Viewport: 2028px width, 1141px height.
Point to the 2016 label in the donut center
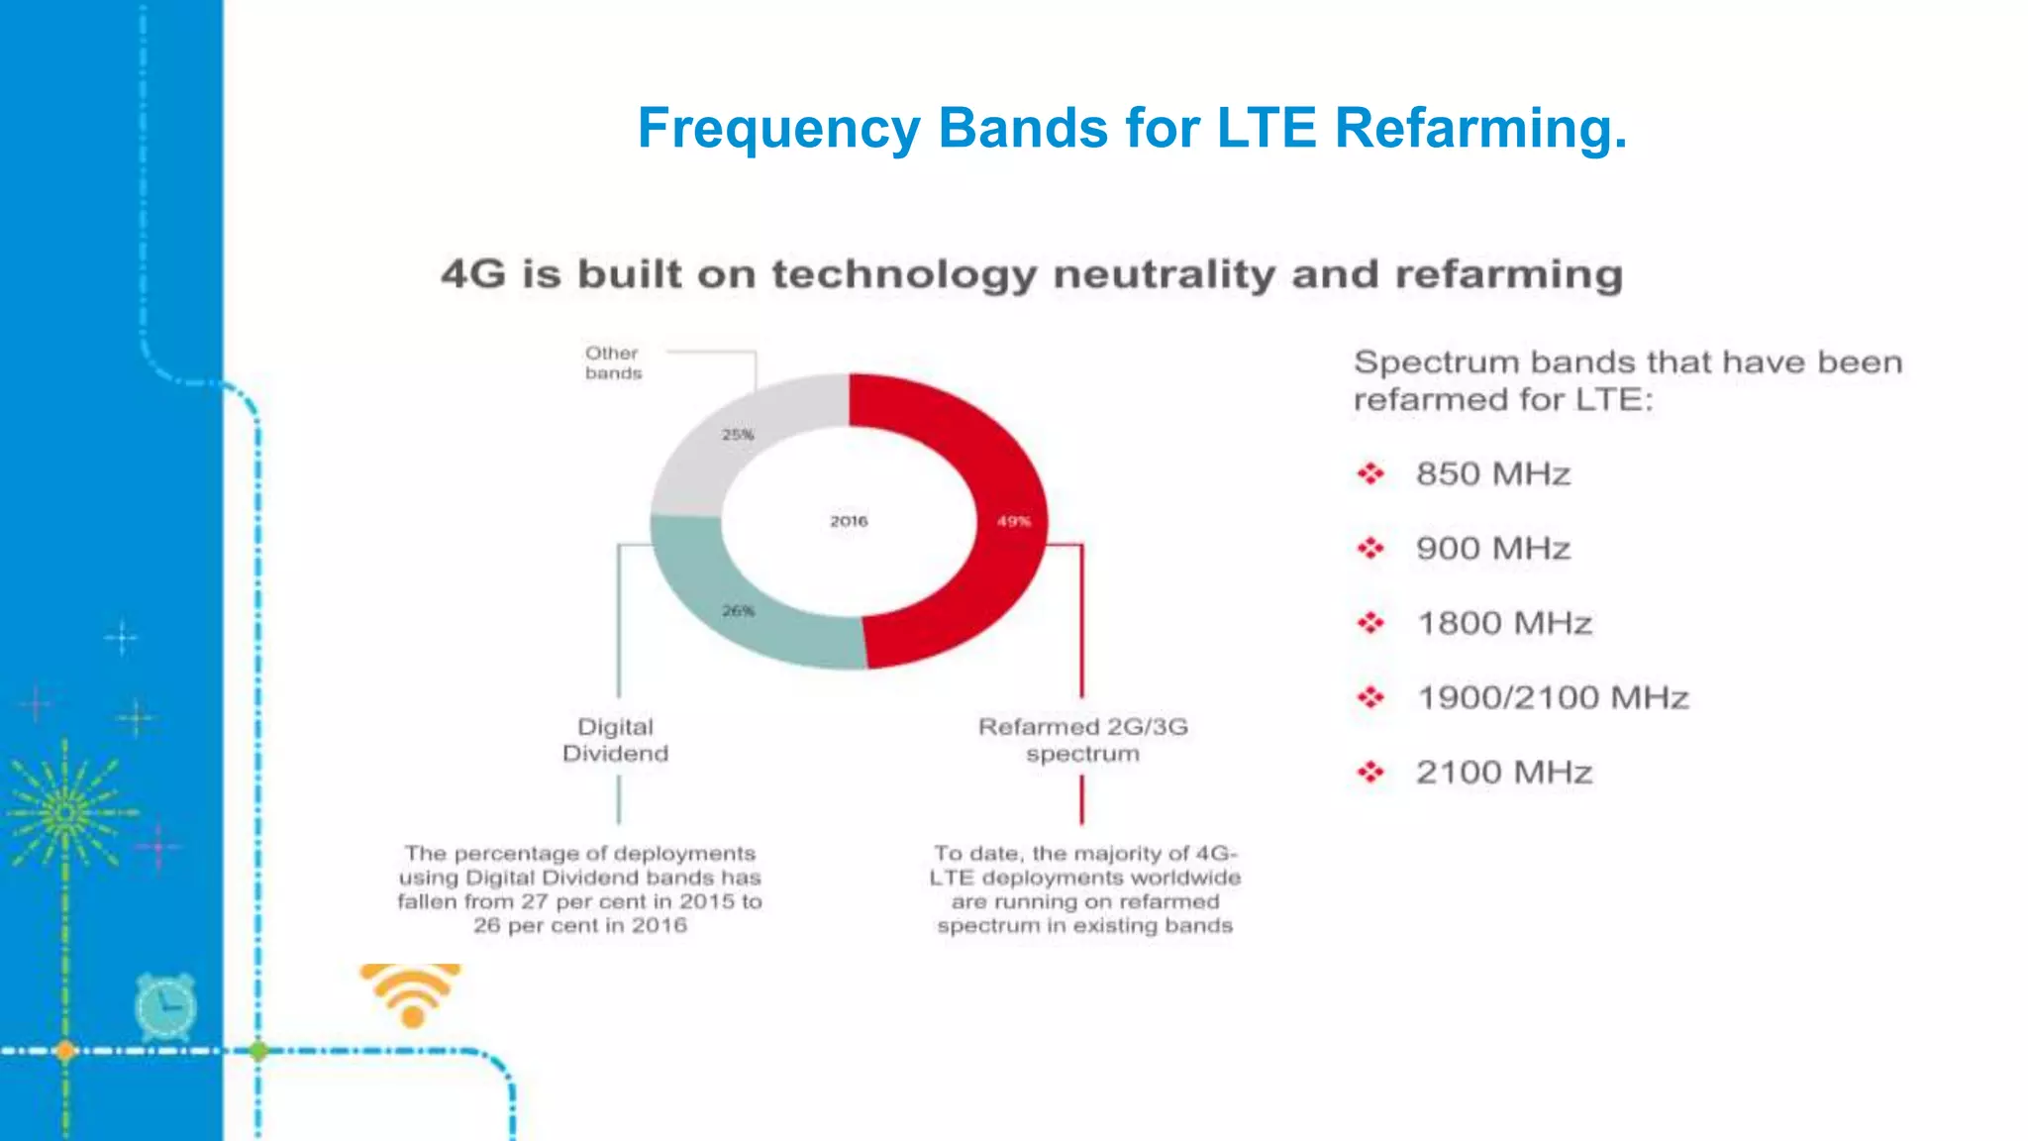pyautogui.click(x=849, y=521)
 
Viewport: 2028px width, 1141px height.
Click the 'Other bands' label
pyautogui.click(x=613, y=363)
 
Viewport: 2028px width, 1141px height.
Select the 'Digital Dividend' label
pyautogui.click(x=615, y=740)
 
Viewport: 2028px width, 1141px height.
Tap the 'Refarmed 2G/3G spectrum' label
pyautogui.click(x=1082, y=740)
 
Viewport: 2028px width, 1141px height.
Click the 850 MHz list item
pyautogui.click(x=1492, y=473)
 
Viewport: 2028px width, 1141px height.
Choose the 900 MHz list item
pyautogui.click(x=1492, y=548)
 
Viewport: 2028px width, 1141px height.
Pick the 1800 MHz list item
pyautogui.click(x=1503, y=623)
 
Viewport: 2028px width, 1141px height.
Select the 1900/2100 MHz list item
pyautogui.click(x=1552, y=697)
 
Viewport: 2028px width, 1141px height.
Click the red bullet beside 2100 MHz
pyautogui.click(x=1370, y=772)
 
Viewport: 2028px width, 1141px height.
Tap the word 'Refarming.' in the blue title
pyautogui.click(x=1479, y=129)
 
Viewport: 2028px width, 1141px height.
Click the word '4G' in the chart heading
pyautogui.click(x=472, y=274)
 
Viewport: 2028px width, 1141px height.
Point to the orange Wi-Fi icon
pyautogui.click(x=411, y=993)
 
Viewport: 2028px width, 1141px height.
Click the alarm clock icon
pyautogui.click(x=165, y=1005)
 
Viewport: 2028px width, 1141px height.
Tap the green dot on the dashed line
pyautogui.click(x=258, y=1051)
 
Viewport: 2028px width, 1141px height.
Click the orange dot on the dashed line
pyautogui.click(x=65, y=1051)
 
